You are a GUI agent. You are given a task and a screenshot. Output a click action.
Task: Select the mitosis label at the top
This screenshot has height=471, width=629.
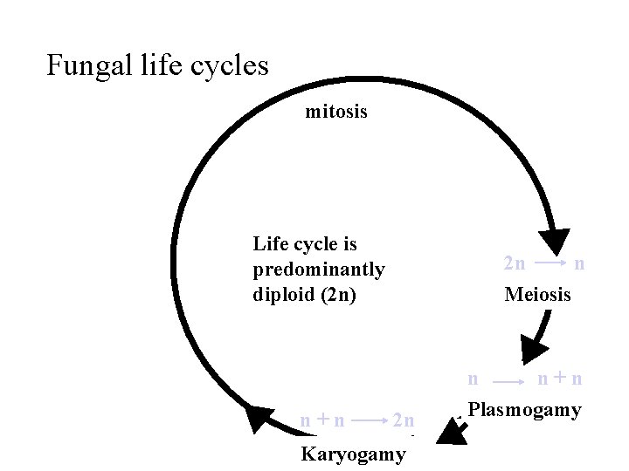[x=336, y=112]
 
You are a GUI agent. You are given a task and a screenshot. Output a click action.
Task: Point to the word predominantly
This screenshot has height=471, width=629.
[x=319, y=270]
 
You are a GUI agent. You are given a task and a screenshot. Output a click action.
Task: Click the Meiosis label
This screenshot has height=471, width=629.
[x=537, y=295]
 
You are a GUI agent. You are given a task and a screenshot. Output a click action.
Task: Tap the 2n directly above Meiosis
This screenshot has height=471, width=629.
[x=515, y=263]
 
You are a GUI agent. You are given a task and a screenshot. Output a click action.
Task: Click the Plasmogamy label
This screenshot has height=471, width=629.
[x=524, y=410]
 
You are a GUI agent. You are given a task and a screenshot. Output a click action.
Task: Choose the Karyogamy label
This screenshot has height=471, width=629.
[x=353, y=454]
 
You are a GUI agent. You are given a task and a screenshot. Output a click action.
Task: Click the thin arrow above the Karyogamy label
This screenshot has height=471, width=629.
[x=370, y=420]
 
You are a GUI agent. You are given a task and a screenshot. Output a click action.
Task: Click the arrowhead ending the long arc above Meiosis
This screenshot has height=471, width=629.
[x=554, y=241]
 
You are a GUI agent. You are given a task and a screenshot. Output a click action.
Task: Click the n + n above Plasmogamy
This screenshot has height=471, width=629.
[x=560, y=379]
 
